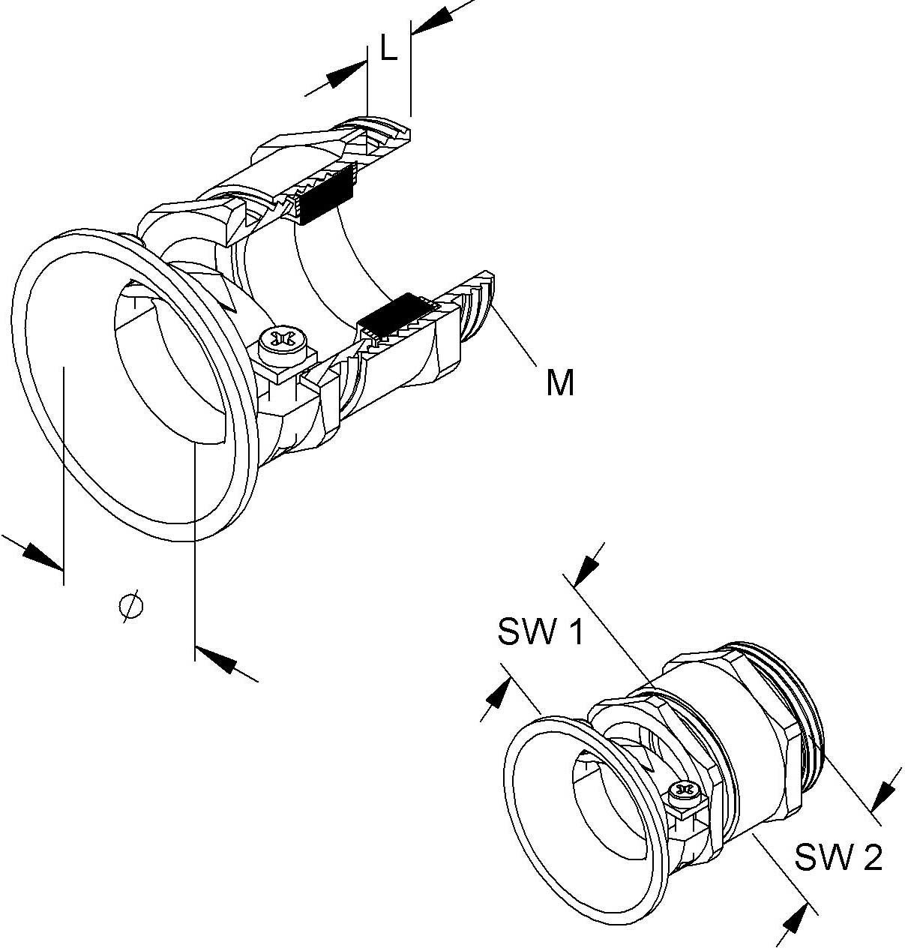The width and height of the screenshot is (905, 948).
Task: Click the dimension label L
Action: [388, 49]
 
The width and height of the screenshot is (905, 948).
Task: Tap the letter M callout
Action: [560, 383]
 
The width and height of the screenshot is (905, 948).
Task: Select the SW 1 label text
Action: [540, 633]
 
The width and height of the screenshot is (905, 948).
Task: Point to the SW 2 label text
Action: [839, 857]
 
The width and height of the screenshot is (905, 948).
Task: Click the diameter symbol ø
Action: [131, 606]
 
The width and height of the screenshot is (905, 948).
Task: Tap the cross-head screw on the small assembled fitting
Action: [683, 789]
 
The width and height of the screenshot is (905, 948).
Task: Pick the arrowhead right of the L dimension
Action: [430, 21]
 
